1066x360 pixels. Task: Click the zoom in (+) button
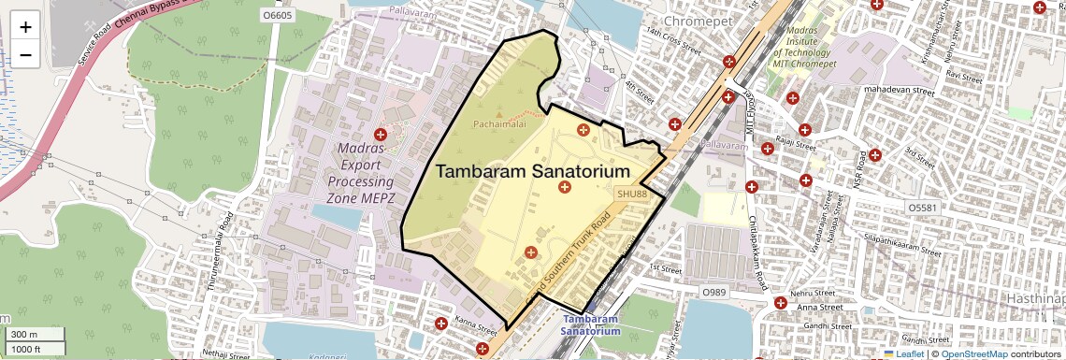pyautogui.click(x=25, y=27)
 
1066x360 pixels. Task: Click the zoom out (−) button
pyautogui.click(x=25, y=55)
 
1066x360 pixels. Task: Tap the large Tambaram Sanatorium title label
pyautogui.click(x=532, y=172)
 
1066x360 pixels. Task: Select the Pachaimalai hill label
pyautogui.click(x=499, y=123)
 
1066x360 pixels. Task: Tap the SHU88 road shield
pyautogui.click(x=631, y=193)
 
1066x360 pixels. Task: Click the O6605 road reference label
pyautogui.click(x=279, y=16)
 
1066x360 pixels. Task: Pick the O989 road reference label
pyautogui.click(x=714, y=293)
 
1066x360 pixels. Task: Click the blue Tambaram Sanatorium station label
pyautogui.click(x=590, y=324)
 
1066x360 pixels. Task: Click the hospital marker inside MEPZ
pyautogui.click(x=380, y=135)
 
